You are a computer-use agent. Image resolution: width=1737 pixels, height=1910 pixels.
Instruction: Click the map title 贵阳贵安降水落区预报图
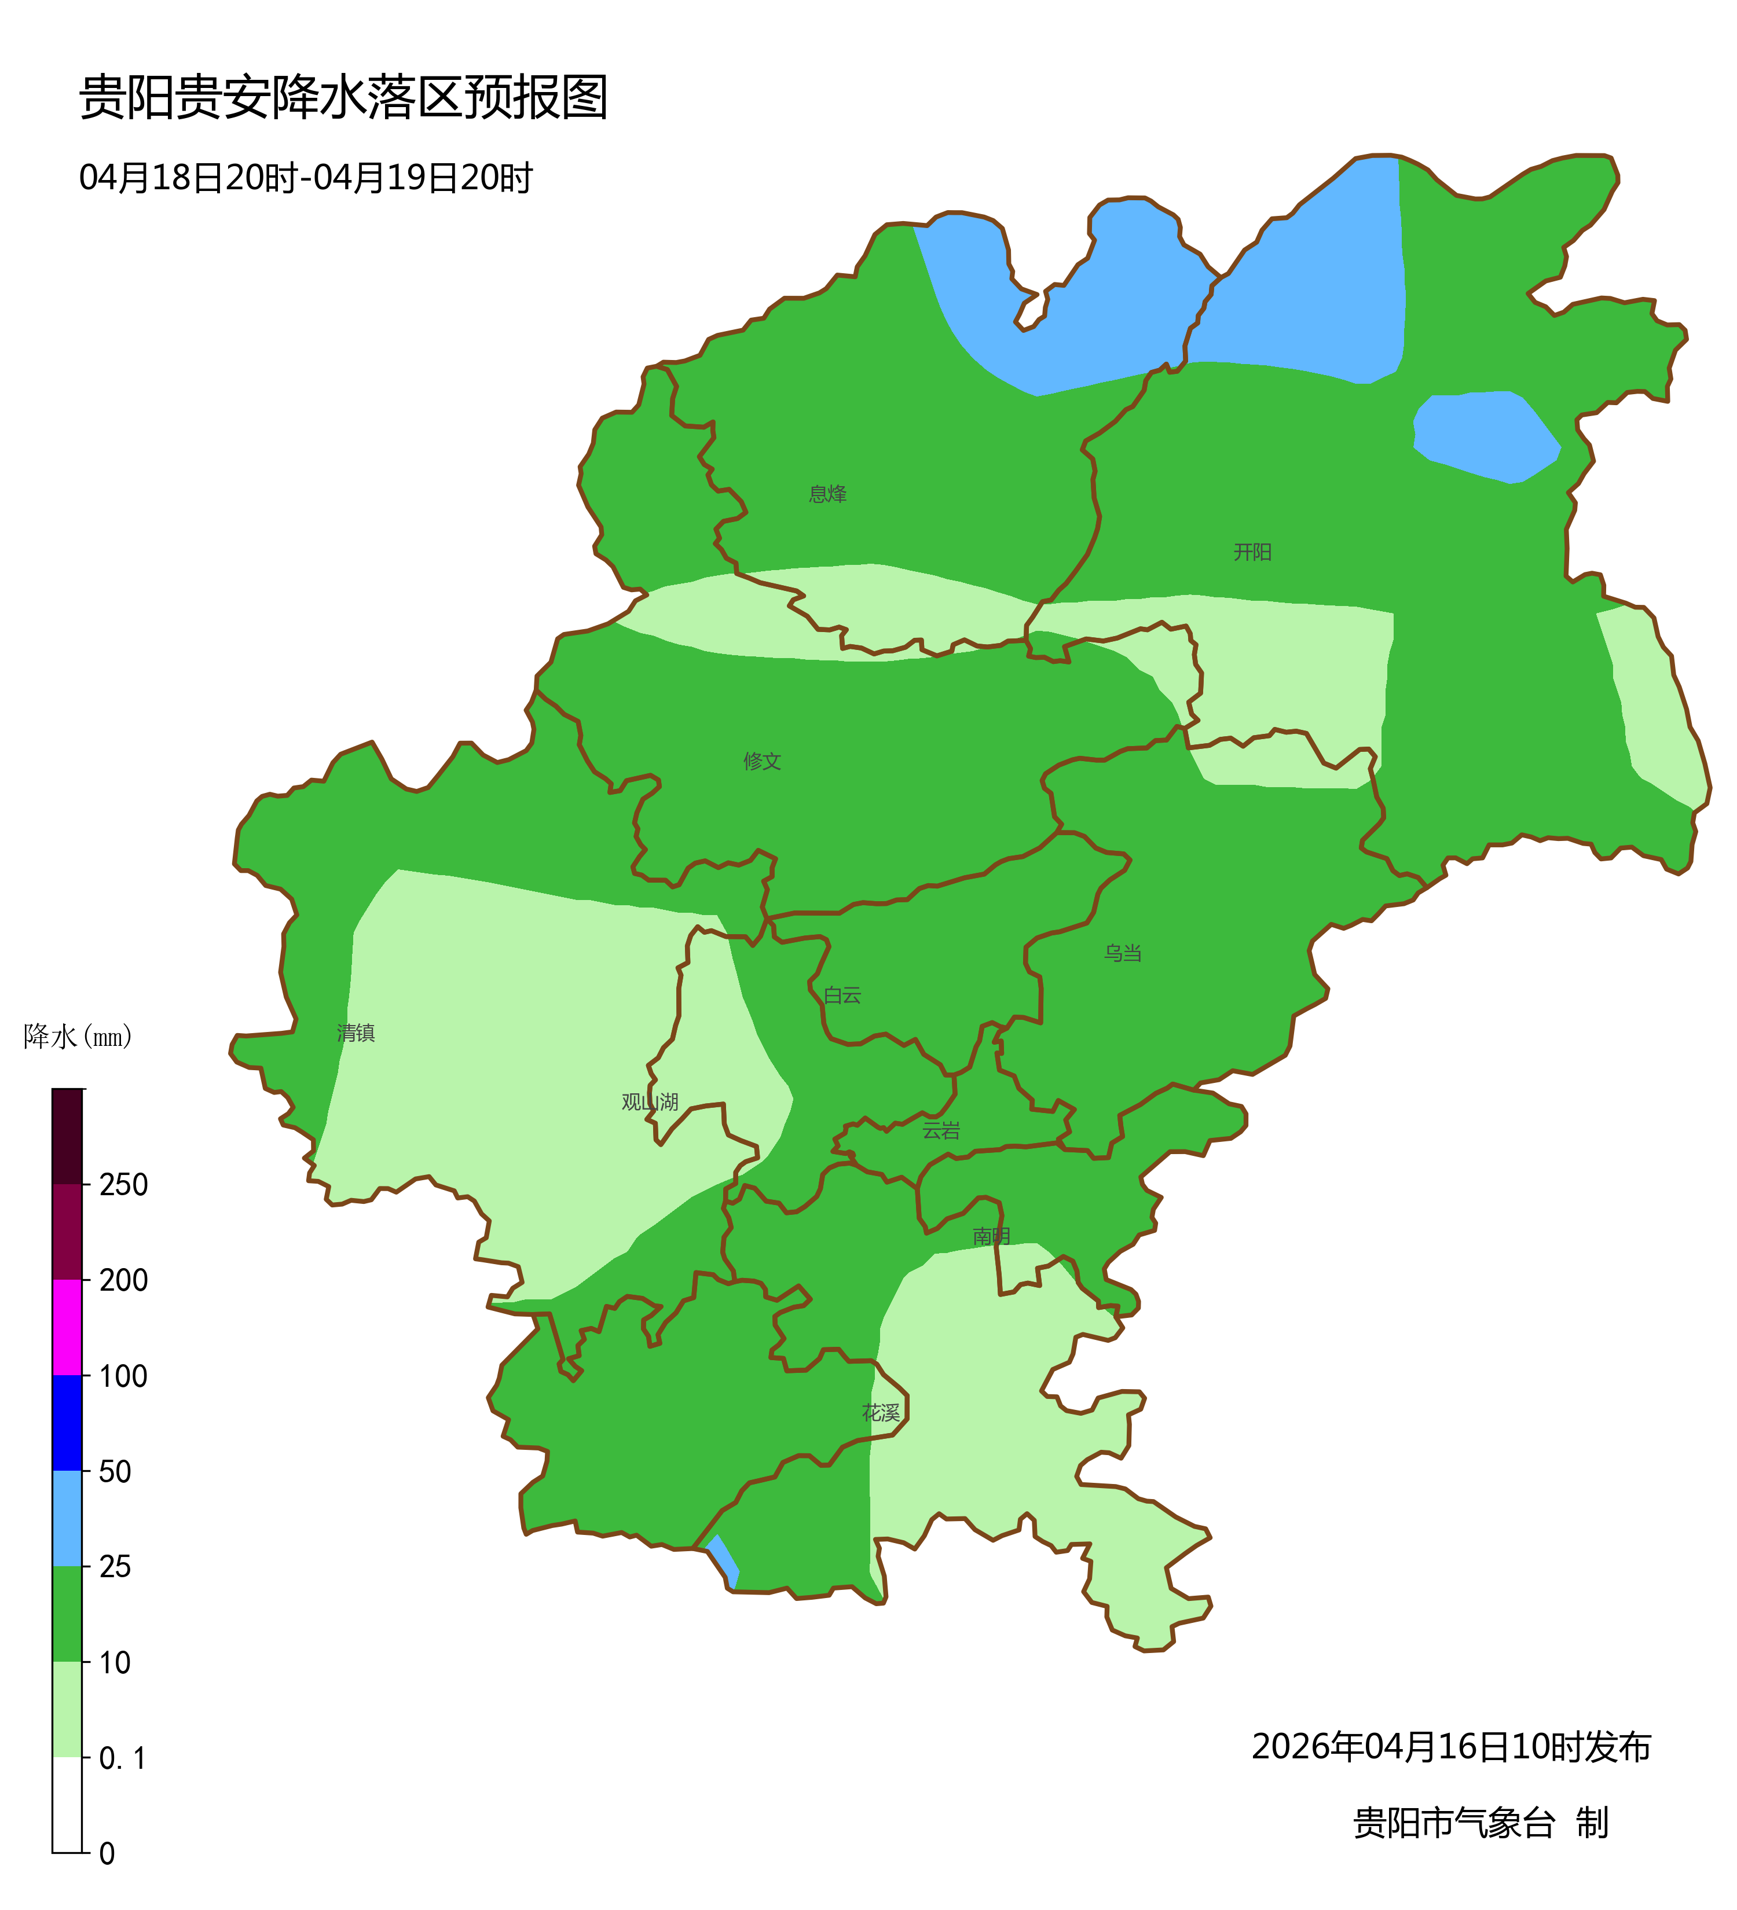pyautogui.click(x=343, y=98)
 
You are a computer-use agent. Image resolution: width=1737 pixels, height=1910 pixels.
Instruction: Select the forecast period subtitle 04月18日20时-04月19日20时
pyautogui.click(x=305, y=178)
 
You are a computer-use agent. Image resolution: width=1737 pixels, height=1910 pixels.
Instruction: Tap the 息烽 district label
pyautogui.click(x=827, y=494)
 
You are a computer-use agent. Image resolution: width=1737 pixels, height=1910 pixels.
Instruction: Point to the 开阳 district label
pyautogui.click(x=1252, y=552)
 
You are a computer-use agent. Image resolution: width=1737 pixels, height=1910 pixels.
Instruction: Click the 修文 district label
pyautogui.click(x=762, y=761)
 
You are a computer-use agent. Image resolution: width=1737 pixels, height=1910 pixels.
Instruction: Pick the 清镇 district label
pyautogui.click(x=356, y=1033)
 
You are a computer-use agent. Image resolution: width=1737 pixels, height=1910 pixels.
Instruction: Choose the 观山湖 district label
pyautogui.click(x=650, y=1102)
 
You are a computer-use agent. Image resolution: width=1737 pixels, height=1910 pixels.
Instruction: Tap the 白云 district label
pyautogui.click(x=842, y=995)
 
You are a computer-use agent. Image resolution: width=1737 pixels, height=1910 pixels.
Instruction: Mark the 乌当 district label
pyautogui.click(x=1122, y=953)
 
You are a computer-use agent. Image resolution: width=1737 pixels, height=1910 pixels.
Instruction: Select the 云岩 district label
pyautogui.click(x=941, y=1130)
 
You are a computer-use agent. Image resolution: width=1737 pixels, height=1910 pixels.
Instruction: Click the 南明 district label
pyautogui.click(x=991, y=1236)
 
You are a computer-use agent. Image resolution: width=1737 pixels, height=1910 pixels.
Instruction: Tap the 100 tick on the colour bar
pyautogui.click(x=123, y=1376)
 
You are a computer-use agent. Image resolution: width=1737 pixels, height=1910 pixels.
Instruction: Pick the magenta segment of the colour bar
pyautogui.click(x=67, y=1327)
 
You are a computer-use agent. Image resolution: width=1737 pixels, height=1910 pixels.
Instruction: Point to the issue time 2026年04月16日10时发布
pyautogui.click(x=1451, y=1747)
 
